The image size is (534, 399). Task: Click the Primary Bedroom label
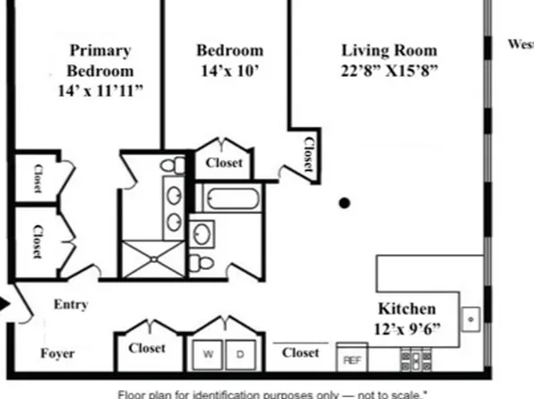[x=99, y=60]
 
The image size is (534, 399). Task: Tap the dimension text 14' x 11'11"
[x=99, y=90]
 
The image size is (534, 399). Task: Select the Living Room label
[x=390, y=50]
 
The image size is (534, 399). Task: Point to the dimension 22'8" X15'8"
[x=390, y=72]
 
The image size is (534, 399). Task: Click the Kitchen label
[x=406, y=308]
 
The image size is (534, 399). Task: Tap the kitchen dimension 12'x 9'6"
[x=408, y=328]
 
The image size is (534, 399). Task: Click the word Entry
[x=71, y=304]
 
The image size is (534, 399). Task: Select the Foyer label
[x=58, y=353]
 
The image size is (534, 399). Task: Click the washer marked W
[x=208, y=354]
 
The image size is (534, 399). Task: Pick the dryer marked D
[x=239, y=354]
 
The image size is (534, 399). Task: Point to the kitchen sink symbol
[x=470, y=318]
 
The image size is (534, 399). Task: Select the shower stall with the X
[x=152, y=259]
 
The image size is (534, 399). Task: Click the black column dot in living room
[x=344, y=203]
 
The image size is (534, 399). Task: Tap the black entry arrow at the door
[x=4, y=304]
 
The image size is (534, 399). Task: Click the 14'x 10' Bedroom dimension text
[x=229, y=71]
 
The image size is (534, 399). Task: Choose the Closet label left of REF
[x=300, y=352]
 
